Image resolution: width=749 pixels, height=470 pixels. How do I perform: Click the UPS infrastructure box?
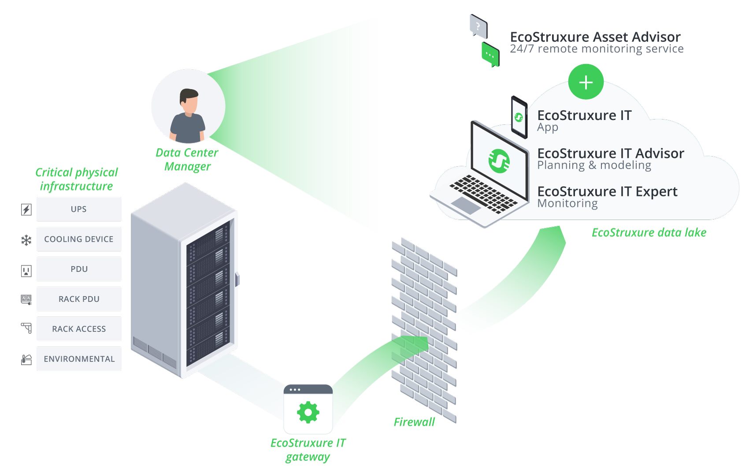(x=79, y=209)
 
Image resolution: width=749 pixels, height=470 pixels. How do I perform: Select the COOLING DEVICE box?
(x=79, y=239)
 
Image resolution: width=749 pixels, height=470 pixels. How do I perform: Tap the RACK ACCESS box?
(x=79, y=329)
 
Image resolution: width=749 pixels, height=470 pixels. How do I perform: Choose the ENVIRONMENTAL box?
(x=79, y=359)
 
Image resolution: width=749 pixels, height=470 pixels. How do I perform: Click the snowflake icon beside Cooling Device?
(x=26, y=240)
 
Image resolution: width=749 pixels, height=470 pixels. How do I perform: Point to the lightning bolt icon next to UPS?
(x=26, y=209)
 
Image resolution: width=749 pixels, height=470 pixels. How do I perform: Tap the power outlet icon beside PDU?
(x=26, y=270)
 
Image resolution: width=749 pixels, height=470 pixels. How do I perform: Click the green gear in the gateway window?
(x=308, y=413)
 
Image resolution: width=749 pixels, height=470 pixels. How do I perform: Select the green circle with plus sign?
(x=586, y=82)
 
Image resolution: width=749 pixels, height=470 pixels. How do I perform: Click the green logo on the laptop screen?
(x=499, y=160)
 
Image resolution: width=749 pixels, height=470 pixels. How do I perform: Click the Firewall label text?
(x=414, y=422)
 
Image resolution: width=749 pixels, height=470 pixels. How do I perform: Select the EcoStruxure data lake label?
(x=649, y=232)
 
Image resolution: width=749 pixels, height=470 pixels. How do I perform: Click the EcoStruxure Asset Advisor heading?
(x=595, y=37)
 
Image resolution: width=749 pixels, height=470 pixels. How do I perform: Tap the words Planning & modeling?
(x=594, y=165)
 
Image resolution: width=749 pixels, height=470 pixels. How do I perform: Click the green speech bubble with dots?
(x=490, y=55)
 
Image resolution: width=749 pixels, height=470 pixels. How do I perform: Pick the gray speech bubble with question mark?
(x=478, y=26)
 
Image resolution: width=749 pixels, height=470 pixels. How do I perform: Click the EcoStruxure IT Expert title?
(x=607, y=191)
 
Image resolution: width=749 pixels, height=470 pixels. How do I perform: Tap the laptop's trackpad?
(x=466, y=205)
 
